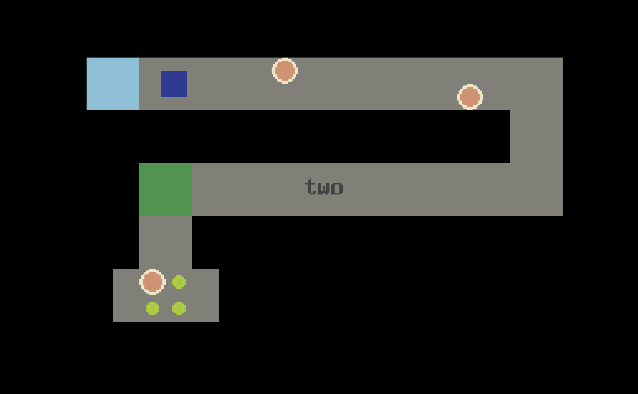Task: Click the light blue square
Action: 113,84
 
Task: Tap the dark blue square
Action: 174,84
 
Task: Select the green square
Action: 166,189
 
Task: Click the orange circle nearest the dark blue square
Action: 285,71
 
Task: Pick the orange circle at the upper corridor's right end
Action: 470,97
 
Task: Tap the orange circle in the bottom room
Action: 152,282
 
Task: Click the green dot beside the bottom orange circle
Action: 179,282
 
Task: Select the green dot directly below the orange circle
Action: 152,308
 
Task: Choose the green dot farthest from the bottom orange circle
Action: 179,308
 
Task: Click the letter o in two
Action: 337,188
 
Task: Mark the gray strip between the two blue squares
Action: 150,84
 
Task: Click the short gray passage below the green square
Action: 166,242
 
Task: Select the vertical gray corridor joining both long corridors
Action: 536,136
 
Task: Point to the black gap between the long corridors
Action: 324,136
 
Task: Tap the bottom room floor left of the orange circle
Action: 126,295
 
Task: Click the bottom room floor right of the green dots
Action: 202,295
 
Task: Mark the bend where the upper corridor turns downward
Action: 536,84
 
